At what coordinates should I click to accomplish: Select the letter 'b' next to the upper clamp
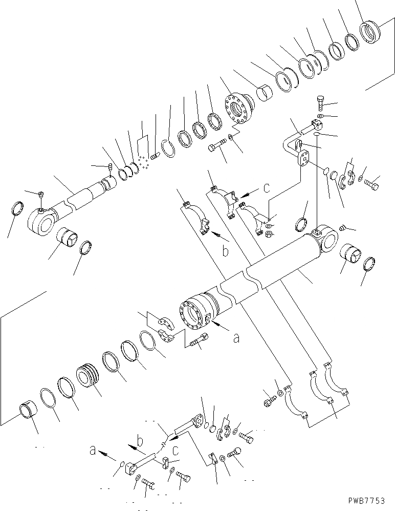224,250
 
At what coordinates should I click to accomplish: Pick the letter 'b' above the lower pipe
139,439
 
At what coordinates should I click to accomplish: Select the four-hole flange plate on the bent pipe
304,160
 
